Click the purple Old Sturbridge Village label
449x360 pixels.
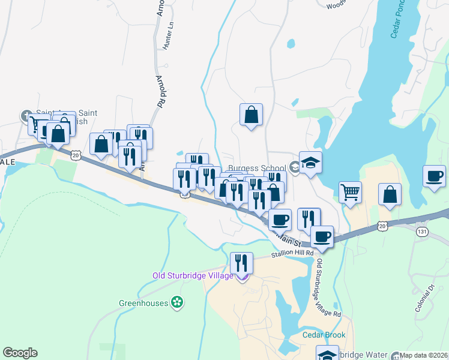192,276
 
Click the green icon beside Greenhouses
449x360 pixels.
176,302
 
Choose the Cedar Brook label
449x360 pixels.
322,335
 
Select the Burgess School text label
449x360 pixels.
257,169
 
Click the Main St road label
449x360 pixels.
288,241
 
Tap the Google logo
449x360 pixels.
20,353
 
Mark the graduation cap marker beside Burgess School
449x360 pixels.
310,163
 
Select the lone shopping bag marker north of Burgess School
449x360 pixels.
251,115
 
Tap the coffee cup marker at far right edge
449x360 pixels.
434,177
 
